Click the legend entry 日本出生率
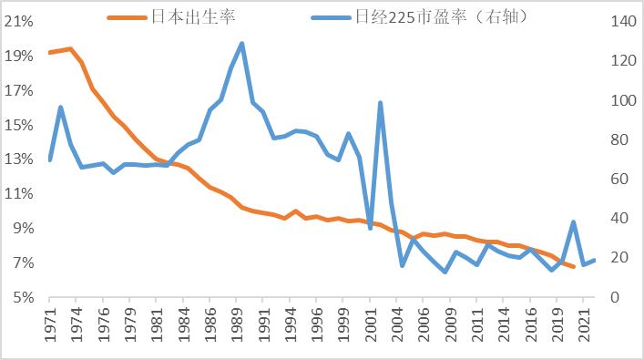pyautogui.click(x=195, y=16)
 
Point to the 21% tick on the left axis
pyautogui.click(x=20, y=22)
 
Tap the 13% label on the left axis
pyautogui.click(x=20, y=159)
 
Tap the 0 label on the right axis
pyautogui.click(x=608, y=297)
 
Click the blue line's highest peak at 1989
pyautogui.click(x=241, y=43)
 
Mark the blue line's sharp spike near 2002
pyautogui.click(x=380, y=103)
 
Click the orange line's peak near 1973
pyautogui.click(x=71, y=49)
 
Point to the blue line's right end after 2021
pyautogui.click(x=594, y=260)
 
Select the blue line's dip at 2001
pyautogui.click(x=370, y=228)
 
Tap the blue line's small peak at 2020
pyautogui.click(x=573, y=221)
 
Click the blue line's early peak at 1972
pyautogui.click(x=60, y=108)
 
